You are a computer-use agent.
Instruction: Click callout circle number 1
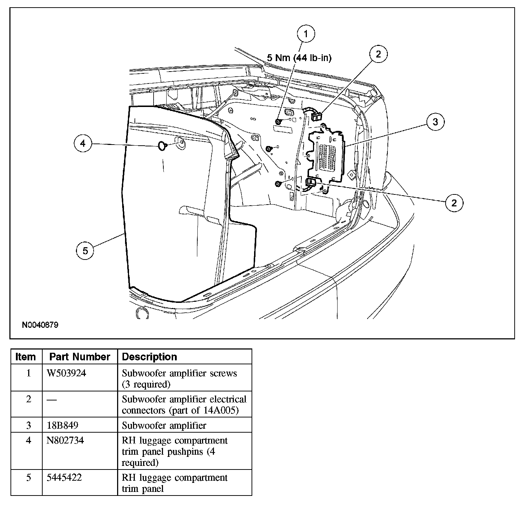pyautogui.click(x=306, y=34)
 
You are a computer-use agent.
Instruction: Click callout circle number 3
pyautogui.click(x=435, y=122)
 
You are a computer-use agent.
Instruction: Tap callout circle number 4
pyautogui.click(x=83, y=144)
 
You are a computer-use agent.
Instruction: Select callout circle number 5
pyautogui.click(x=85, y=250)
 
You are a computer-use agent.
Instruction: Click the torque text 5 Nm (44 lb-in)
pyautogui.click(x=299, y=57)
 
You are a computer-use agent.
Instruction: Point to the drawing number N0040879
pyautogui.click(x=40, y=325)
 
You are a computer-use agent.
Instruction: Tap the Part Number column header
pyautogui.click(x=80, y=357)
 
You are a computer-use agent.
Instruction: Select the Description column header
pyautogui.click(x=150, y=357)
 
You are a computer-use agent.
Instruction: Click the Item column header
pyautogui.click(x=26, y=357)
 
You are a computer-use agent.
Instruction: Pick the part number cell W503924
pyautogui.click(x=67, y=373)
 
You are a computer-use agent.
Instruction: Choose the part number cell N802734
pyautogui.click(x=65, y=441)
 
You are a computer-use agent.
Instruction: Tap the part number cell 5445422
pyautogui.click(x=64, y=477)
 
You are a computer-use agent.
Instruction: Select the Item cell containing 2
pyautogui.click(x=29, y=399)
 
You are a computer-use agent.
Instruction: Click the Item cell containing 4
pyautogui.click(x=29, y=441)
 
